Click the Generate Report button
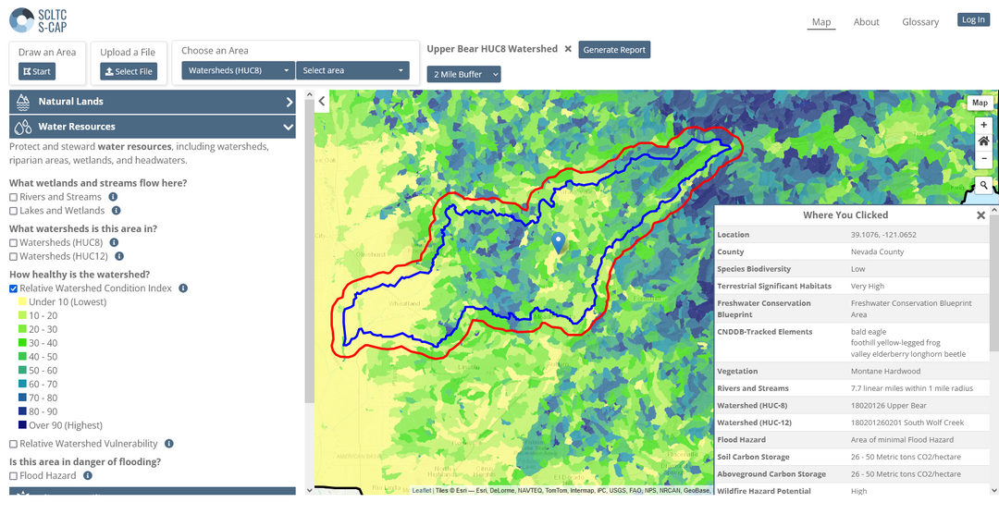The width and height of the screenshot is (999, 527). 614,50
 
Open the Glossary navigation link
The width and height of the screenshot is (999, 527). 919,22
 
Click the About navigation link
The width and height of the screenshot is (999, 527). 866,22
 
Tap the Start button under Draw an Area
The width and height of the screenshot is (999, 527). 37,71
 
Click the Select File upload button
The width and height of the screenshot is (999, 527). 129,71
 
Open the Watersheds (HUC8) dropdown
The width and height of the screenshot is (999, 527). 238,70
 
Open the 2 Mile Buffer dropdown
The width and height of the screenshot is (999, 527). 463,74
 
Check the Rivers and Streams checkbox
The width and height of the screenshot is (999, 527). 14,197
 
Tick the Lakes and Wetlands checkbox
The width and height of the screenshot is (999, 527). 14,211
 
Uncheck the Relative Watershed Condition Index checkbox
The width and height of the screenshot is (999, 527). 14,288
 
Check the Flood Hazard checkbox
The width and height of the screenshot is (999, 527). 14,476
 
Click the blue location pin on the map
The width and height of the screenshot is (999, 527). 558,242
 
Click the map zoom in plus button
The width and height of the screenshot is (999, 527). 983,125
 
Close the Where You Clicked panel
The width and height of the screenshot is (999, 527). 980,215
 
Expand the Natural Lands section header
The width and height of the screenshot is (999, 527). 152,102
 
